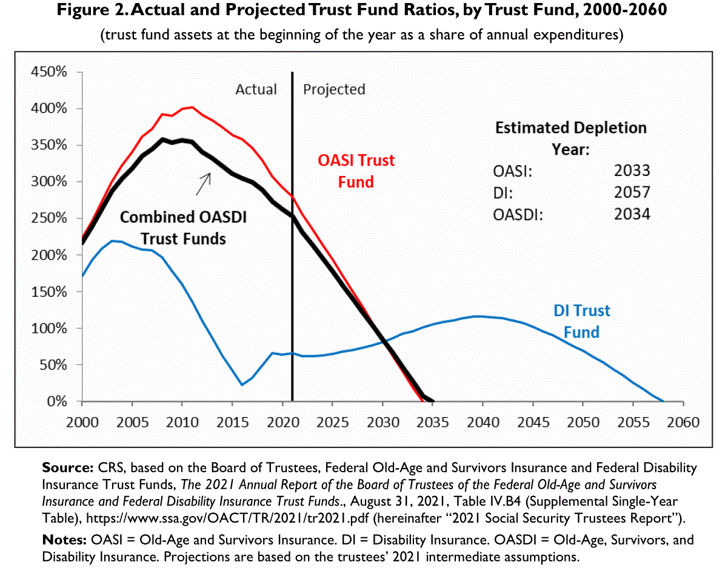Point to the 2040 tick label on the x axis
(x=483, y=422)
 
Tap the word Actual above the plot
(x=256, y=89)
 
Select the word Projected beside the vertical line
(x=334, y=89)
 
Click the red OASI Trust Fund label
(x=356, y=171)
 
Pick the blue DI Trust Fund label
(x=581, y=321)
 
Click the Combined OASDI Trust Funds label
(x=182, y=228)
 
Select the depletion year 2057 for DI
(x=632, y=192)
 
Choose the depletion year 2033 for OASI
(x=632, y=171)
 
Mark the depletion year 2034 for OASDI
(x=632, y=214)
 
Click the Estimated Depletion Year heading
(x=570, y=138)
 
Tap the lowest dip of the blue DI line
(x=242, y=385)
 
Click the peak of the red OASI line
(x=192, y=107)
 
